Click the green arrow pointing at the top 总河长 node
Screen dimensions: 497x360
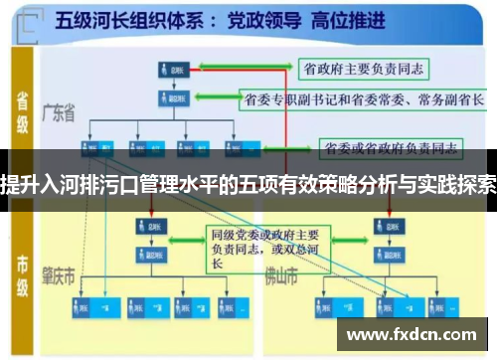pyautogui.click(x=239, y=70)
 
